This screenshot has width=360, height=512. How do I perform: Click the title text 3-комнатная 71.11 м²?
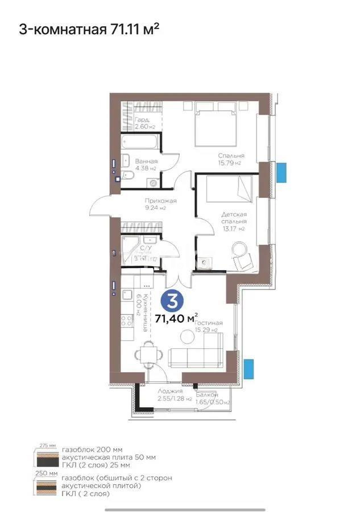point(89,29)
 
